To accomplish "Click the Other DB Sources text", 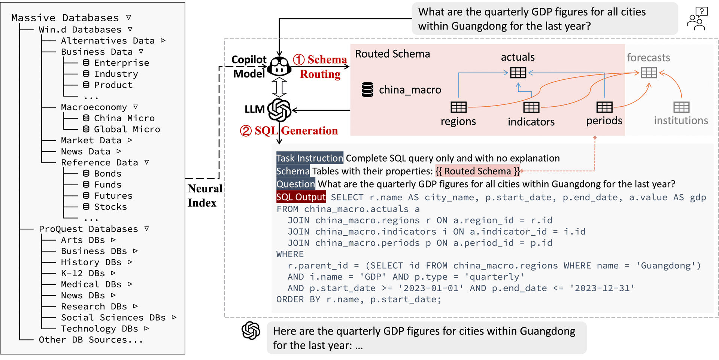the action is (x=91, y=340).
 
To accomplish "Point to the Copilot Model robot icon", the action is (x=279, y=67).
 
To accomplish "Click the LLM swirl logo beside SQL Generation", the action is (x=279, y=110).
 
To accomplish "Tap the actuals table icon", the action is (x=518, y=73).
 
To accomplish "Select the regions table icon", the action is (x=458, y=107).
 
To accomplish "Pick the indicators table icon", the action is (x=531, y=107).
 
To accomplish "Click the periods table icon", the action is (x=604, y=107).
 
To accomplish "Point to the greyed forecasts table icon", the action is (x=649, y=73).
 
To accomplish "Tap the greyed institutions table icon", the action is (x=681, y=107).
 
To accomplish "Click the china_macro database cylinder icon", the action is (x=367, y=90).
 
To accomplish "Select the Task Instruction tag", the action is (x=310, y=158).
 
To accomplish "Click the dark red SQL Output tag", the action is (x=301, y=197).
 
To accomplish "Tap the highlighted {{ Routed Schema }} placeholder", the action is (x=478, y=171).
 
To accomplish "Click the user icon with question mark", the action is (x=697, y=18).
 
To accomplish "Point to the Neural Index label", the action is (x=204, y=196).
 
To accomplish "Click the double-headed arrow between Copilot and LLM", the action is (x=279, y=87).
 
